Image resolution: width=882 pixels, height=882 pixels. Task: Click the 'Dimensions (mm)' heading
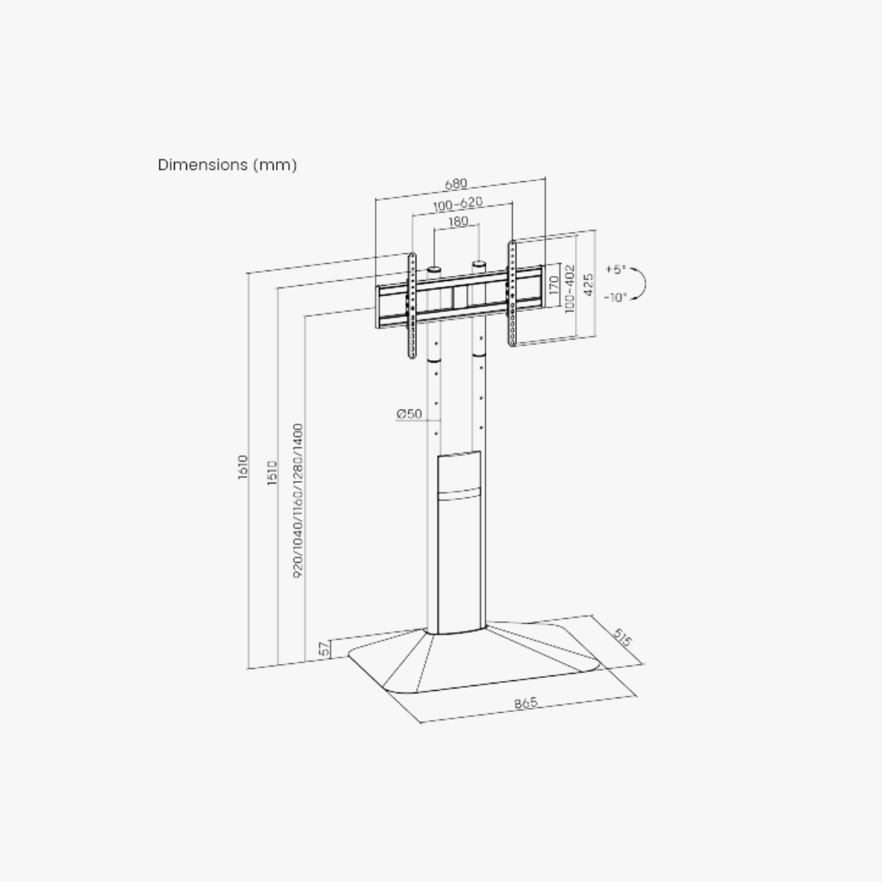[x=227, y=165]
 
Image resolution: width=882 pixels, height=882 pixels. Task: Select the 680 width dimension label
[x=456, y=184]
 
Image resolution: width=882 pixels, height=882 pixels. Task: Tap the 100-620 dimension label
[x=458, y=203]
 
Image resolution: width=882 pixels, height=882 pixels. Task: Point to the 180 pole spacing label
[x=458, y=221]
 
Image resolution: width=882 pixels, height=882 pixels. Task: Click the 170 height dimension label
[x=554, y=285]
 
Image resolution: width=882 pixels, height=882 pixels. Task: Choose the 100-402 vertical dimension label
[x=569, y=289]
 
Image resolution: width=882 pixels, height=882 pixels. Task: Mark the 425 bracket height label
[x=588, y=285]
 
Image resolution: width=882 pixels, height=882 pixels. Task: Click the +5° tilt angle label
[x=616, y=269]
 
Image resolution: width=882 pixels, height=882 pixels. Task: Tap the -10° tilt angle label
[x=616, y=297]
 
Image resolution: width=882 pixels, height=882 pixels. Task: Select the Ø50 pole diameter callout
[x=409, y=414]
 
